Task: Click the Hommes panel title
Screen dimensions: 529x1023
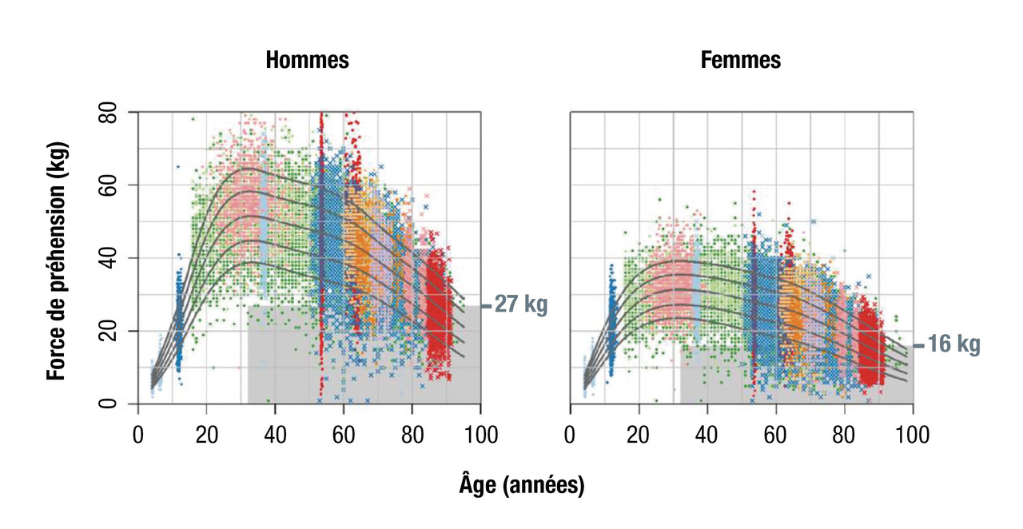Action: coord(307,60)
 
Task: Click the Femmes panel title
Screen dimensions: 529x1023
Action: coord(741,60)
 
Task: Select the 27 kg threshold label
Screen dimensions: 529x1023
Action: coord(521,305)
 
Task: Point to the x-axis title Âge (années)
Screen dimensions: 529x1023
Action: coord(522,484)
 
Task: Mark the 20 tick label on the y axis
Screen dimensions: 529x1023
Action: coord(106,331)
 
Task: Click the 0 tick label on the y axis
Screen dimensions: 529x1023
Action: coord(106,404)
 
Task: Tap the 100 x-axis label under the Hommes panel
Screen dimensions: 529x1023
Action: coord(481,436)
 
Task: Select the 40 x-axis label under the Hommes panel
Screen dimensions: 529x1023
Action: coord(276,436)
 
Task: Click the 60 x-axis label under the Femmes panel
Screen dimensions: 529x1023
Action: coord(775,436)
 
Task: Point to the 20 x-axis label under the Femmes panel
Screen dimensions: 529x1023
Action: coord(638,436)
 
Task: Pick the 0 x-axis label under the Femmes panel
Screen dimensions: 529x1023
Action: coord(570,436)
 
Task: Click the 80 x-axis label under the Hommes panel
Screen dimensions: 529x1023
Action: coord(412,436)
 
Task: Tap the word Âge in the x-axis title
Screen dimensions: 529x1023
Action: coord(478,484)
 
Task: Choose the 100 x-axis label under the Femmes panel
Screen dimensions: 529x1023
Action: coord(913,436)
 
